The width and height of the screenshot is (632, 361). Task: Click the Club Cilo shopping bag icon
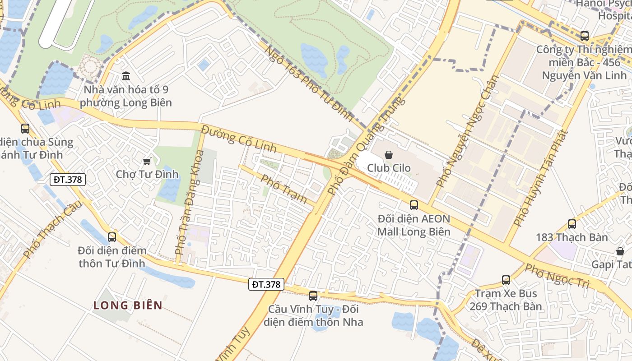[x=388, y=155]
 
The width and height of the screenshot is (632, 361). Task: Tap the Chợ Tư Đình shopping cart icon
[x=147, y=161]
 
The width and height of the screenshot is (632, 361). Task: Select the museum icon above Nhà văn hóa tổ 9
[x=126, y=75]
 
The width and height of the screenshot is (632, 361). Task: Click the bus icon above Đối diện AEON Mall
[x=414, y=205]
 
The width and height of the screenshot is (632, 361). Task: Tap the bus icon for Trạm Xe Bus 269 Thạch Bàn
[x=506, y=280]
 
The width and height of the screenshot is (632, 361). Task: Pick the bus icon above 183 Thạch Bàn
[x=572, y=224]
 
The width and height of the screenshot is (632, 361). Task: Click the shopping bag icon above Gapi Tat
[x=620, y=251]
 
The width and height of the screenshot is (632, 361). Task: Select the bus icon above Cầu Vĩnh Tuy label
[x=313, y=296]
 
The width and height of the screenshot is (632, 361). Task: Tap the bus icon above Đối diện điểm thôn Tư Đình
[x=112, y=237]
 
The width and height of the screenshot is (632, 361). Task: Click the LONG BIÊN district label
[x=128, y=305]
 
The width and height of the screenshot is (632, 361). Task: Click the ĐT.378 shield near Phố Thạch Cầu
[x=68, y=179]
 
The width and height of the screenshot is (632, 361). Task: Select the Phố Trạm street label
[x=284, y=189]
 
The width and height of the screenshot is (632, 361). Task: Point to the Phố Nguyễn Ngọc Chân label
[x=468, y=131]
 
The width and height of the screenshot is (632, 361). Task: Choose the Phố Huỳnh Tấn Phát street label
[x=540, y=178]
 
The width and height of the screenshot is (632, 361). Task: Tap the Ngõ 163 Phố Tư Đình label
[x=309, y=83]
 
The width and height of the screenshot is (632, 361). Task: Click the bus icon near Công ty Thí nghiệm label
[x=585, y=36]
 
